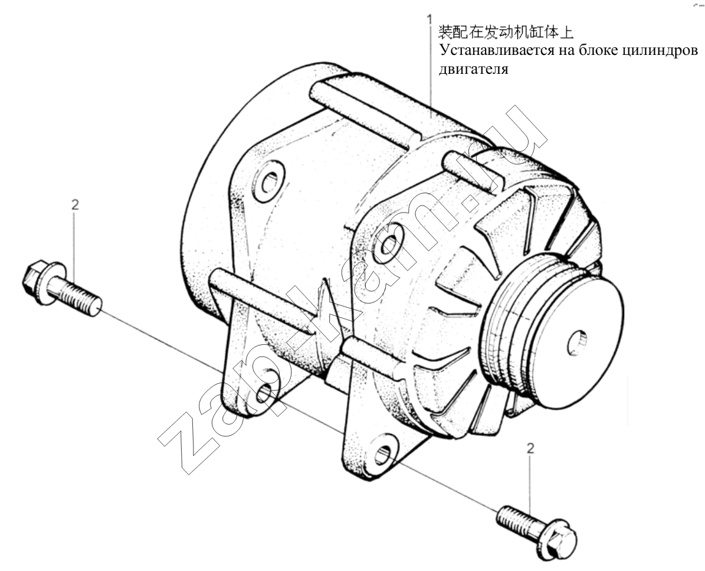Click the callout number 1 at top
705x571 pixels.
(430, 20)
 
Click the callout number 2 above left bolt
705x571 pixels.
(75, 205)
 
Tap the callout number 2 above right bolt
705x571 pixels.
(530, 449)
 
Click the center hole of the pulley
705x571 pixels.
(577, 343)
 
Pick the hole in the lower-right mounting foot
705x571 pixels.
(383, 454)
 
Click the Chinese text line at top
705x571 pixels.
(506, 32)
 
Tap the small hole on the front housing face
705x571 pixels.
(389, 243)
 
